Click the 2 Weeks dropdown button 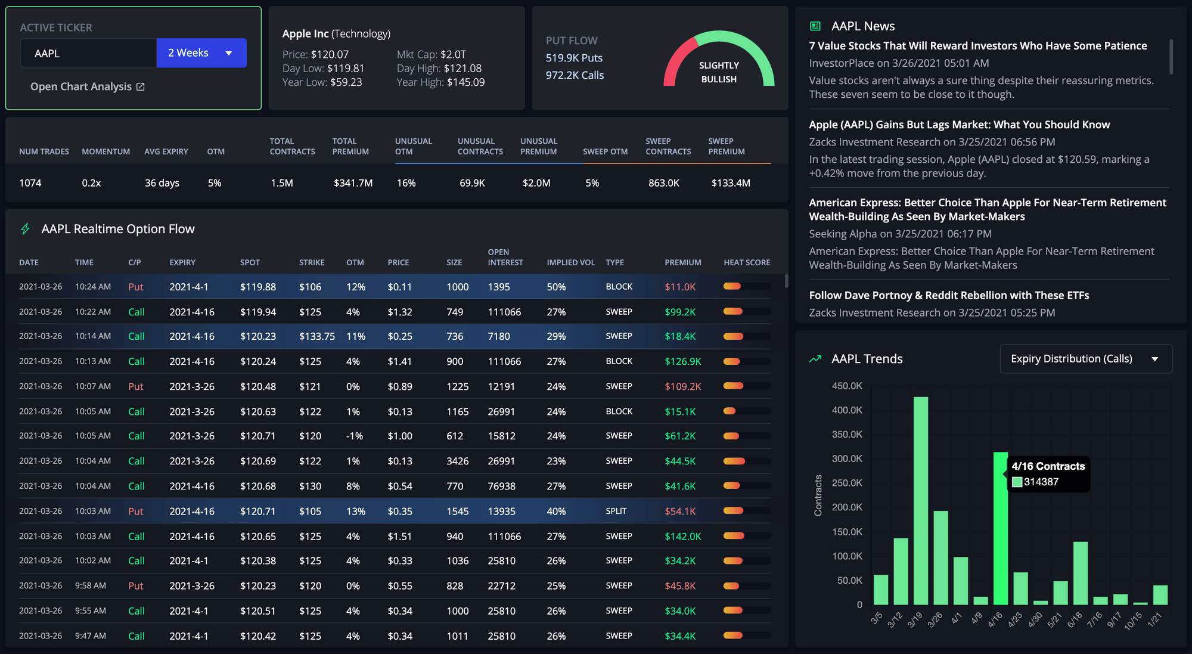(201, 53)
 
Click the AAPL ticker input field (88, 53)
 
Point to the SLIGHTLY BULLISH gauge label (719, 72)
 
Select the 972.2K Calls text (575, 75)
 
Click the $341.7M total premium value (353, 183)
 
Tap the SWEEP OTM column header (605, 151)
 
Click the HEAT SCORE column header (746, 262)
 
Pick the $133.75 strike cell (316, 336)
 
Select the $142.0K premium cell (682, 536)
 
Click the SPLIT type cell (616, 511)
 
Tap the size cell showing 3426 (457, 461)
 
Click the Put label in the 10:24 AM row (135, 287)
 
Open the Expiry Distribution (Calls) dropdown (1085, 359)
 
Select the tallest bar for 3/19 (920, 501)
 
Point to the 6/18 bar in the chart (1080, 572)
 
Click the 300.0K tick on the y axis (846, 458)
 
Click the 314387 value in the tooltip (1041, 482)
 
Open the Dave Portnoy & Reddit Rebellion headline (948, 295)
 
